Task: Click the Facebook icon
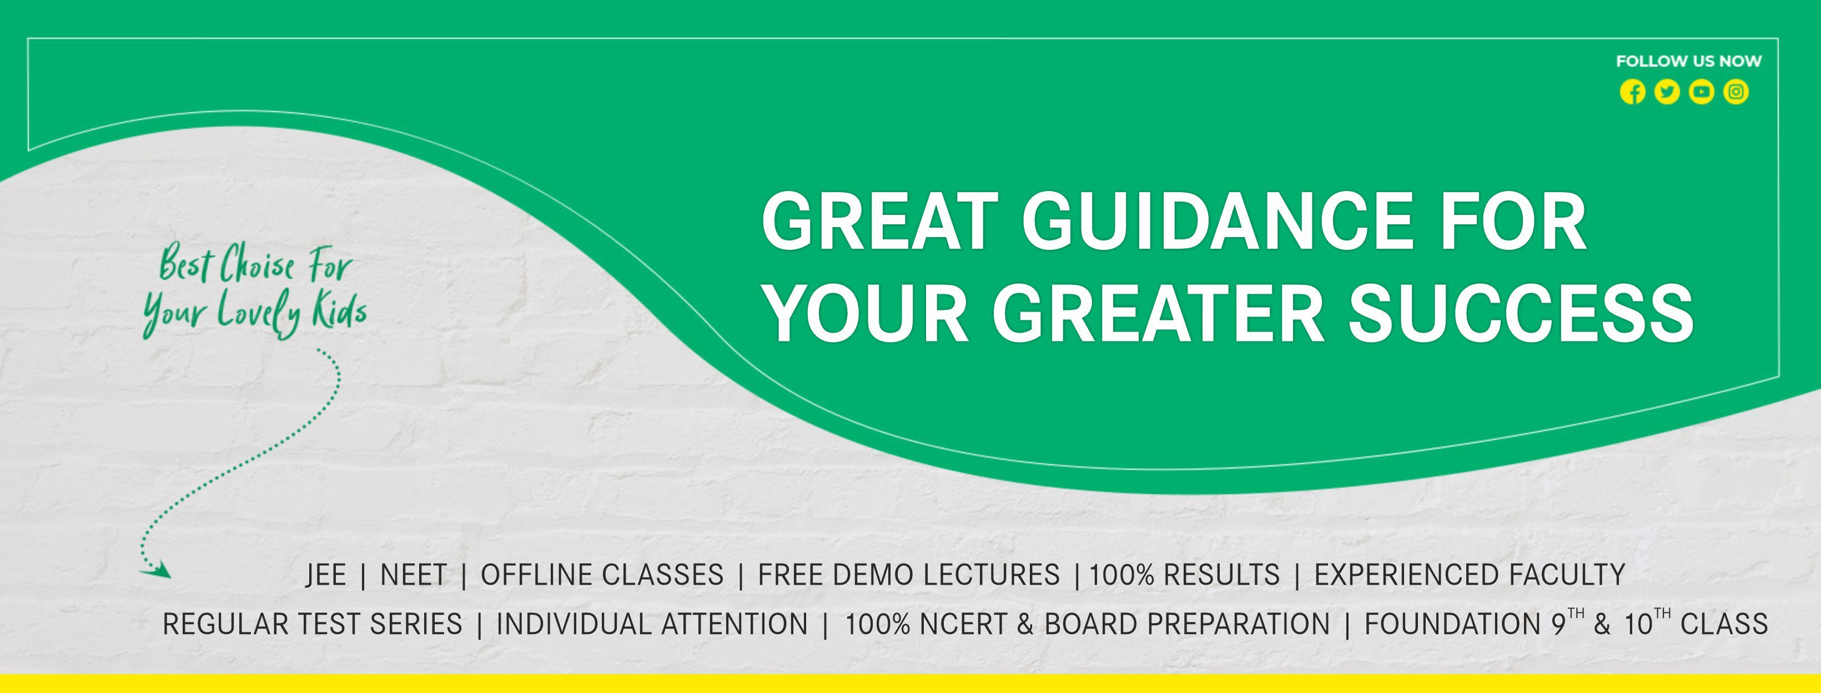pyautogui.click(x=1632, y=92)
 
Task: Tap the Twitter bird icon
pyautogui.click(x=1667, y=92)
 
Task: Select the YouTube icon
pyautogui.click(x=1702, y=92)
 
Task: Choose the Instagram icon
pyautogui.click(x=1736, y=92)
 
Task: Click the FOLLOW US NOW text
pyautogui.click(x=1689, y=62)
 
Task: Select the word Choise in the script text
pyautogui.click(x=256, y=269)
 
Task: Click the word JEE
pyautogui.click(x=326, y=575)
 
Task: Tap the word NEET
pyautogui.click(x=414, y=575)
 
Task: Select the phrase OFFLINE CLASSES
pyautogui.click(x=602, y=575)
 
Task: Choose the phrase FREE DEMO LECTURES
pyautogui.click(x=909, y=575)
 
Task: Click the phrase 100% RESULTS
pyautogui.click(x=1185, y=575)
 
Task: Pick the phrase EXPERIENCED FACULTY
pyautogui.click(x=1470, y=575)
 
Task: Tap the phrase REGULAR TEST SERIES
pyautogui.click(x=313, y=624)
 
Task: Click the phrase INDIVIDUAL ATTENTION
pyautogui.click(x=652, y=624)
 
